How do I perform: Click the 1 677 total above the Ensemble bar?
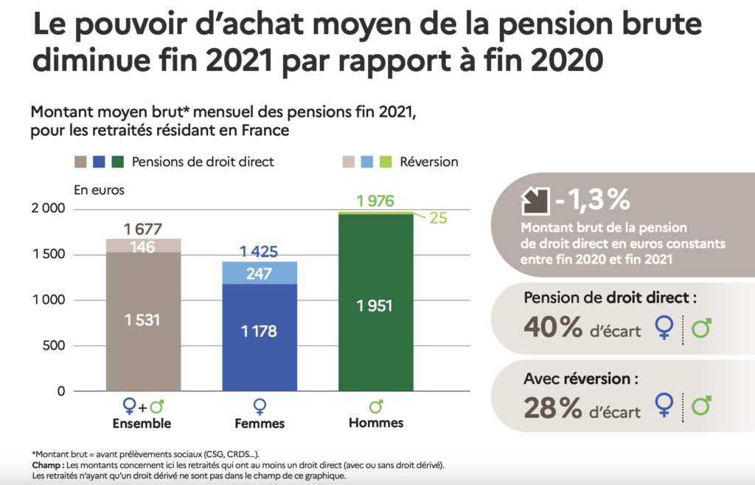[x=143, y=229]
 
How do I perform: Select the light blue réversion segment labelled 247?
[x=259, y=273]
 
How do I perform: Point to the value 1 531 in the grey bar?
[x=143, y=320]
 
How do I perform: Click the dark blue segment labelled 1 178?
[x=259, y=331]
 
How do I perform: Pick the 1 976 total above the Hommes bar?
[x=375, y=201]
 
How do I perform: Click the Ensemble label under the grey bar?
[x=142, y=424]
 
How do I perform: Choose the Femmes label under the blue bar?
[x=259, y=424]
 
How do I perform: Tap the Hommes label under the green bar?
[x=376, y=423]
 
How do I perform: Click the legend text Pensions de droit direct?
[x=203, y=161]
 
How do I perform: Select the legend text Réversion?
[x=428, y=161]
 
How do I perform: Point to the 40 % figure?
[x=553, y=328]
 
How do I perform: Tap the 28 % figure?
[x=552, y=407]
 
